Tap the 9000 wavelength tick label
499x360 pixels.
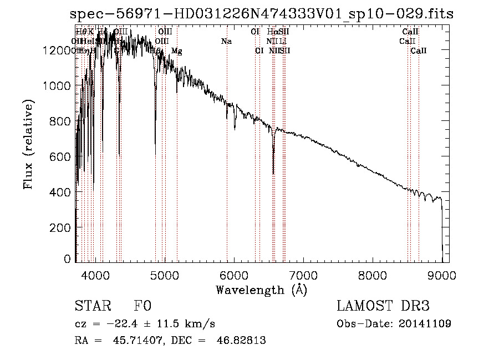(441, 275)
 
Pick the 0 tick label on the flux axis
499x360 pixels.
(68, 259)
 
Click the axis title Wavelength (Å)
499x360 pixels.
(261, 290)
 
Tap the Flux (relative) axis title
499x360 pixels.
(28, 144)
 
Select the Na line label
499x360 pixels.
(226, 41)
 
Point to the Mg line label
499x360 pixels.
(176, 51)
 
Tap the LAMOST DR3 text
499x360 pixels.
(383, 306)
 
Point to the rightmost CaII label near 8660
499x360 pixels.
(419, 51)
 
